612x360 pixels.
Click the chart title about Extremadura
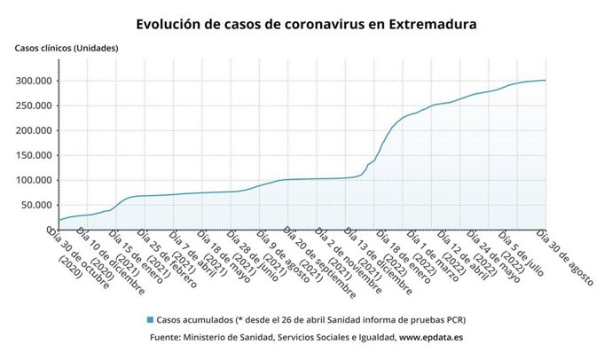[306, 25]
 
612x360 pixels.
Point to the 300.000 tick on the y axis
[32, 81]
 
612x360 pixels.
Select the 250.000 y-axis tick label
[32, 106]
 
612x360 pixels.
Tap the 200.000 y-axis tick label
[32, 130]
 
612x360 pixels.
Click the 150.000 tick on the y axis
[32, 155]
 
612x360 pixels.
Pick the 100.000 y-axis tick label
[32, 180]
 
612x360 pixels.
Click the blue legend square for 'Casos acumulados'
[150, 319]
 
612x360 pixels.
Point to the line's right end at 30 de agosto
[545, 81]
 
